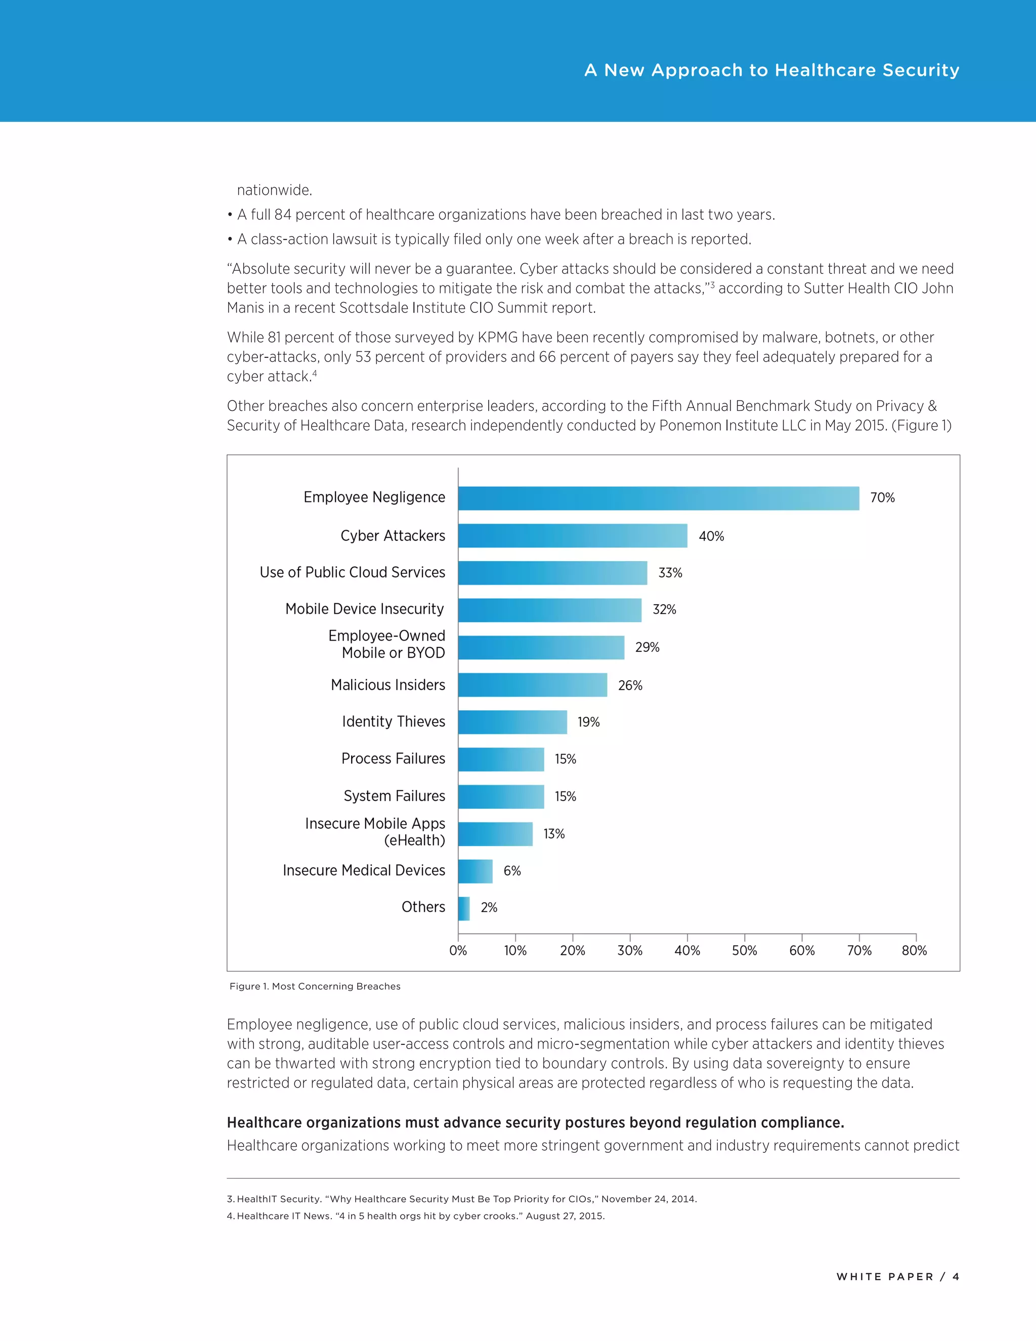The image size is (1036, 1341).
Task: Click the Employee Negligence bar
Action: point(658,498)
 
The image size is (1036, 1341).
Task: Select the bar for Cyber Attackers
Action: point(572,536)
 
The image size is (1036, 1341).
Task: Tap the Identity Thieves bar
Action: point(512,722)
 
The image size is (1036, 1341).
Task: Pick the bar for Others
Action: point(464,908)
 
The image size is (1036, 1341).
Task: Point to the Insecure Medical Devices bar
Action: point(475,871)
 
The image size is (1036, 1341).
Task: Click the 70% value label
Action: point(882,498)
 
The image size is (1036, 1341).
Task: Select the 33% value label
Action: point(670,573)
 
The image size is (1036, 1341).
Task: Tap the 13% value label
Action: point(553,834)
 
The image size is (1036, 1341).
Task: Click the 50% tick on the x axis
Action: point(745,950)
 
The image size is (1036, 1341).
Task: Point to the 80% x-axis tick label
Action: point(914,950)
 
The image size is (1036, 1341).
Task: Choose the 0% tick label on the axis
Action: point(458,950)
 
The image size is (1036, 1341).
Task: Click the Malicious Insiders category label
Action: point(388,685)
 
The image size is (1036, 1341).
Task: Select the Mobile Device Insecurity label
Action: point(365,609)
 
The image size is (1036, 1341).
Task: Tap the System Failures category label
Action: point(394,797)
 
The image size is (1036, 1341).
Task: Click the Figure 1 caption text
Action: point(315,986)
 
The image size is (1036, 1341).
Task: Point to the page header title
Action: point(771,70)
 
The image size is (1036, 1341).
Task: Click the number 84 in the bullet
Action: point(283,215)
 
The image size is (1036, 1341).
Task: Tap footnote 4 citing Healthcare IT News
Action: point(415,1216)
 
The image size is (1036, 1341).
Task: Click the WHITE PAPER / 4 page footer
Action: point(897,1277)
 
